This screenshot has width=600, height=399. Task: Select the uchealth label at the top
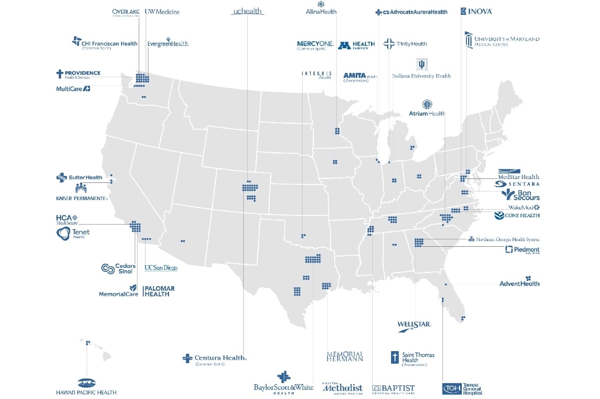pyautogui.click(x=248, y=12)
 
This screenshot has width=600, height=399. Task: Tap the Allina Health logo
pyautogui.click(x=321, y=8)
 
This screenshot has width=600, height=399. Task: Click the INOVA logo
pyautogui.click(x=476, y=11)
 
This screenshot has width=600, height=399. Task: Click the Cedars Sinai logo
pyautogui.click(x=119, y=268)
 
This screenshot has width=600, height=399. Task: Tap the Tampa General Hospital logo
pyautogui.click(x=462, y=388)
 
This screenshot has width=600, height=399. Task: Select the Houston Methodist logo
pyautogui.click(x=342, y=388)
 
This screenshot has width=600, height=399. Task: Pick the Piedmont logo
pyautogui.click(x=522, y=250)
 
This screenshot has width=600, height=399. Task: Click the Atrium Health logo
pyautogui.click(x=426, y=108)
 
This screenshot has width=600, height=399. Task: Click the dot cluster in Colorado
pyautogui.click(x=250, y=190)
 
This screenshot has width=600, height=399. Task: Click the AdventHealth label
pyautogui.click(x=519, y=283)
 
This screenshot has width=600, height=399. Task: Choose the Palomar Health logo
pyautogui.click(x=159, y=291)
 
